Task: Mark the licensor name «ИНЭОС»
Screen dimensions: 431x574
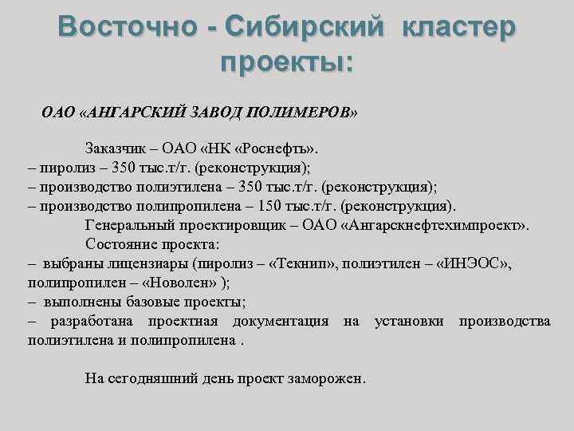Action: click(x=477, y=263)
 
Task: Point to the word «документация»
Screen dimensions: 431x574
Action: click(x=281, y=321)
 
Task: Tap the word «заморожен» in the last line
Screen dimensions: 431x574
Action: click(x=327, y=378)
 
